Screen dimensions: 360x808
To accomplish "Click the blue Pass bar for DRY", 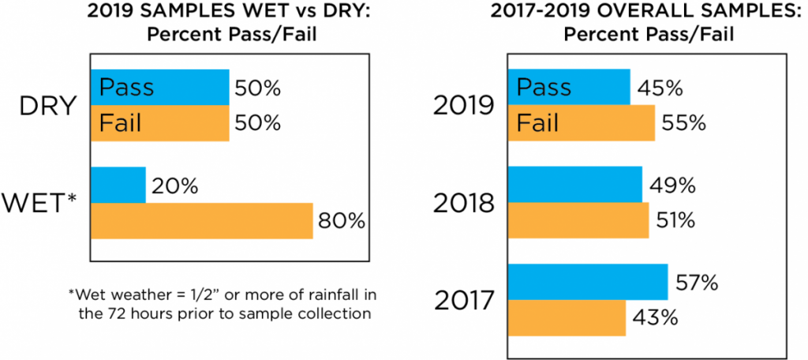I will coord(159,88).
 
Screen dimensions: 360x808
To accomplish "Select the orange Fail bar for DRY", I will coord(159,124).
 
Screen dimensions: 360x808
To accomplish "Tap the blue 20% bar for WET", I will coord(118,186).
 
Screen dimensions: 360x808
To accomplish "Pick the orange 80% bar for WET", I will coord(202,221).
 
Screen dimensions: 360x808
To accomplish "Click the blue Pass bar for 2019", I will coord(568,87).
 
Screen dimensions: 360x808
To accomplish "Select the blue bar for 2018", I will coord(574,185).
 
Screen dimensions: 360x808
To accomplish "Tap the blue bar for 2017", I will coord(587,282).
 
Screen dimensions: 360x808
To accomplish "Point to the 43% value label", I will coord(653,318).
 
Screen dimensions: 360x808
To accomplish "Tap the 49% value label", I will coord(671,186).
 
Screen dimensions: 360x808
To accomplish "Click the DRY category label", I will coord(47,107).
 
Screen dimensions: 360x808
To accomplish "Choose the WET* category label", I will coord(43,204).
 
